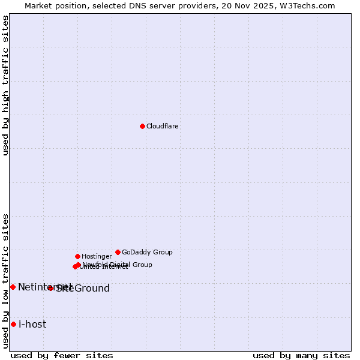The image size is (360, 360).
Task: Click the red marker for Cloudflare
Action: pos(142,126)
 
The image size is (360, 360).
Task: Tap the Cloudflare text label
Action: pos(163,127)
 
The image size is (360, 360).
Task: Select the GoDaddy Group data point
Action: pos(118,252)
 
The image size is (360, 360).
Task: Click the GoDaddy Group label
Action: pos(147,253)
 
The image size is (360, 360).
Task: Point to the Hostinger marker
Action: pos(77,256)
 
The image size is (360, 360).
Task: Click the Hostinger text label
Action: pos(97,257)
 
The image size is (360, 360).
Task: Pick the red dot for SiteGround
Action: pos(50,288)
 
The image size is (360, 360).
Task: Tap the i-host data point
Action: pos(13,324)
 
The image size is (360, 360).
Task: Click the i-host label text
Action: pos(32,325)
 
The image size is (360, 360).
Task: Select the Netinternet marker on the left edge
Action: pos(13,287)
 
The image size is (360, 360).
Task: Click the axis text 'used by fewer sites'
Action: pos(62,355)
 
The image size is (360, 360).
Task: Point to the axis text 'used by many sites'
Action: pos(301,355)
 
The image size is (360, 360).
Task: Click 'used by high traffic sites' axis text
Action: pos(5,85)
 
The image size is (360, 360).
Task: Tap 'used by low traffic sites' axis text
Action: pos(5,280)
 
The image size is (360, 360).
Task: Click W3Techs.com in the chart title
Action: pos(308,5)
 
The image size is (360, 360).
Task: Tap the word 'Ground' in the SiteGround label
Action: pos(92,289)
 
